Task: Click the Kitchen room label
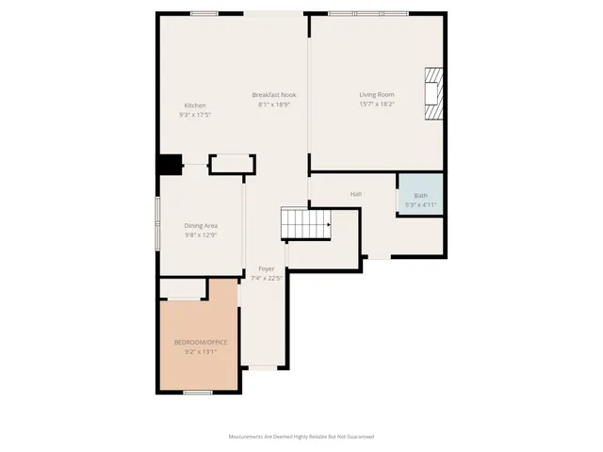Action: tap(194, 105)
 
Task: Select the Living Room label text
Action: tap(376, 95)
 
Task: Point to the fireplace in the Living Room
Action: tap(432, 94)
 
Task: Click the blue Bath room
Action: tap(420, 195)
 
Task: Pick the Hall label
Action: tap(356, 194)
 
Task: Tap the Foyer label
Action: tap(267, 269)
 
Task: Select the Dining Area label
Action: tap(201, 226)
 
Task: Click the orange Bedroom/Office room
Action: tap(199, 334)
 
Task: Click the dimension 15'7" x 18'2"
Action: tap(376, 105)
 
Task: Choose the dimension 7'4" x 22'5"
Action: tap(267, 279)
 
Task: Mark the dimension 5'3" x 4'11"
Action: tap(420, 204)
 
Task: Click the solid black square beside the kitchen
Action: tap(170, 165)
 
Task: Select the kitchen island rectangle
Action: tap(230, 165)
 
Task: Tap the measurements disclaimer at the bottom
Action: tap(301, 436)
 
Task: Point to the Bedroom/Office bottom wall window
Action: tap(197, 392)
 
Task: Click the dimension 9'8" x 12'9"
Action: tap(201, 235)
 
